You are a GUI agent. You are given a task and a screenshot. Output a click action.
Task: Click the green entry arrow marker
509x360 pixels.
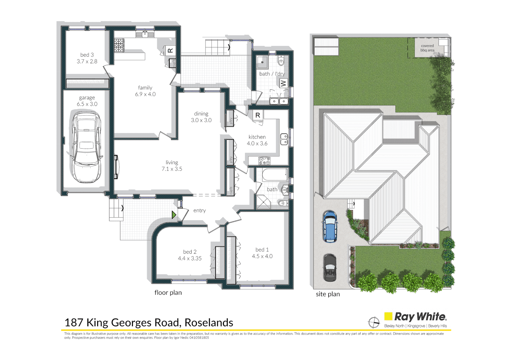[174, 215]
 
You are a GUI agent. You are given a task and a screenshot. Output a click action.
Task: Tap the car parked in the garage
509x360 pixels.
[86, 147]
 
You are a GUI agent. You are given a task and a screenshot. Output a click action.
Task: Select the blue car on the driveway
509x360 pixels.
[330, 226]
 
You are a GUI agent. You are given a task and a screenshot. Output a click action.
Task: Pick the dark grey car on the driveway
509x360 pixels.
[330, 267]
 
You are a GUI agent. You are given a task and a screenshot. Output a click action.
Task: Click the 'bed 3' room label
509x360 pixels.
[87, 55]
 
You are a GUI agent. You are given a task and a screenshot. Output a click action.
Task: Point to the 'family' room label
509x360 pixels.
[145, 88]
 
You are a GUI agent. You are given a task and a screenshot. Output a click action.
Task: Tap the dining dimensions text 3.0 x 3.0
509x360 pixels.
[201, 120]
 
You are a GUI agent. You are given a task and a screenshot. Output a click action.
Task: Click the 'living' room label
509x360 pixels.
[172, 162]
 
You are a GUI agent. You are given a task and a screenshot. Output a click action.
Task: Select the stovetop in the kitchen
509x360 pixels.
[264, 161]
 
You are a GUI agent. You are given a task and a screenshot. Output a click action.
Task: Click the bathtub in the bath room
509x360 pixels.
[275, 175]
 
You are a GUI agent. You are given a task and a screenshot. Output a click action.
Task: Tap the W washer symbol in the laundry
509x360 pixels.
[283, 83]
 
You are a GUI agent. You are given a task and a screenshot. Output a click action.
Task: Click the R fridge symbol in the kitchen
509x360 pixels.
[257, 115]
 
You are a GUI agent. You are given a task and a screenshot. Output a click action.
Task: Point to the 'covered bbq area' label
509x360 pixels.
[427, 48]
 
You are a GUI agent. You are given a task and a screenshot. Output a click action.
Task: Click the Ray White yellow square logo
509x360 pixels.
[388, 316]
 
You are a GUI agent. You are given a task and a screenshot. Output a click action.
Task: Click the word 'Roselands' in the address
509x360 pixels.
[209, 323]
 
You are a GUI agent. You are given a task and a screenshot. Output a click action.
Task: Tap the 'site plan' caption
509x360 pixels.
[328, 294]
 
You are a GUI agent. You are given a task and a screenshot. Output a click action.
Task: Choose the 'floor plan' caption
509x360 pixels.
[168, 292]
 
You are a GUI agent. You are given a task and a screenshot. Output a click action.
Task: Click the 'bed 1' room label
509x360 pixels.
[262, 250]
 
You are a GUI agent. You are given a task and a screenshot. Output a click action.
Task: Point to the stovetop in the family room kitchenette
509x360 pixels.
[119, 46]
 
